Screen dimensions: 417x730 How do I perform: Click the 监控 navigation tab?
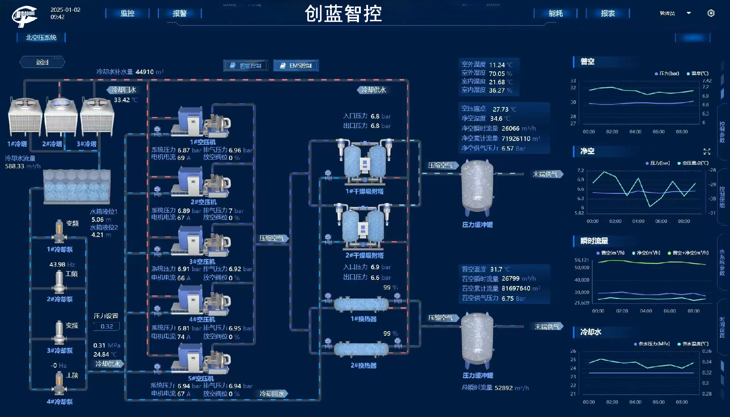click(x=127, y=13)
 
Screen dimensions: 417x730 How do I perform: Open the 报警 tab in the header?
click(x=179, y=13)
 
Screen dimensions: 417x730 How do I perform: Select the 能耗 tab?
click(x=555, y=13)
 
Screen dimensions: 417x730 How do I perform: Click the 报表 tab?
click(x=608, y=13)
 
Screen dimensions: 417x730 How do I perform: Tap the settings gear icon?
click(x=711, y=13)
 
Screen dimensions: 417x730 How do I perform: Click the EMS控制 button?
click(x=296, y=66)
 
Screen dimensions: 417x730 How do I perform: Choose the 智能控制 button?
click(x=246, y=66)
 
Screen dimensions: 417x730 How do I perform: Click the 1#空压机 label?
click(x=203, y=142)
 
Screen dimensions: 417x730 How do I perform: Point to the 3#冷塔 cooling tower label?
click(x=87, y=144)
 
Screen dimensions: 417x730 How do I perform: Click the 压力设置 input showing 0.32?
click(x=106, y=326)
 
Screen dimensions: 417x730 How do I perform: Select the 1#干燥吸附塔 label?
click(x=364, y=191)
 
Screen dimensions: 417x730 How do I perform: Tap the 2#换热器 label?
click(x=363, y=365)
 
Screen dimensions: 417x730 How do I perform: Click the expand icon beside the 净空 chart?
click(x=707, y=152)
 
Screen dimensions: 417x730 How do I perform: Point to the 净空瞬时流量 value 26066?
click(x=510, y=128)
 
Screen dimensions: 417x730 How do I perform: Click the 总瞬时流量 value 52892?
click(x=503, y=388)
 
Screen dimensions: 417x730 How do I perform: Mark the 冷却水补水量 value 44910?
click(x=144, y=72)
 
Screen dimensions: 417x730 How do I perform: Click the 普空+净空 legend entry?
click(x=688, y=253)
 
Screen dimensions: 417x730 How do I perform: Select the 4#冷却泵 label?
click(x=60, y=402)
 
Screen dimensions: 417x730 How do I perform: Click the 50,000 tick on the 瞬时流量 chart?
click(x=582, y=268)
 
